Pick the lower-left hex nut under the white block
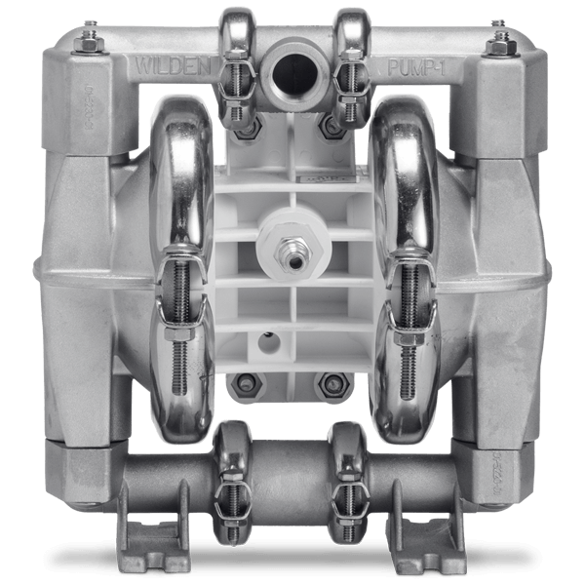pyautogui.click(x=244, y=382)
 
